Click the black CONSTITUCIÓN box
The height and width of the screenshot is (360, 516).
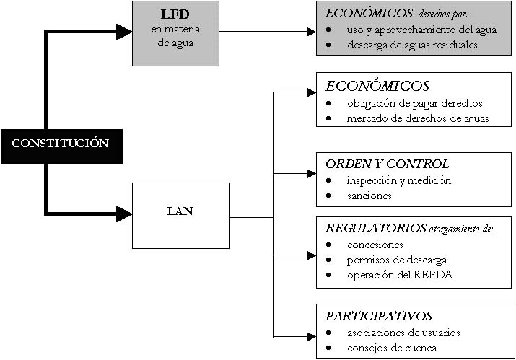pyautogui.click(x=60, y=143)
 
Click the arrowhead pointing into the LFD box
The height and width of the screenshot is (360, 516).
pyautogui.click(x=126, y=31)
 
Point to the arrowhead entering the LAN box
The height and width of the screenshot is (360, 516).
pyautogui.click(x=125, y=214)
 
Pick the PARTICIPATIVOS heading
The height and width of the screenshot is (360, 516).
pyautogui.click(x=379, y=316)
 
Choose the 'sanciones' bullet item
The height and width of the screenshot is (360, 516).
pyautogui.click(x=369, y=196)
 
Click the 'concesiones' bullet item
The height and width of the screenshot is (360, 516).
pyautogui.click(x=375, y=245)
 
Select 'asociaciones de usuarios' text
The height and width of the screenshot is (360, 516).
pyautogui.click(x=403, y=333)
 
